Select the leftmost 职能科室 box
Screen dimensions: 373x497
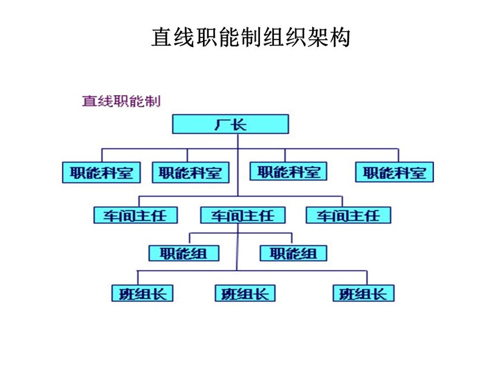pos(101,172)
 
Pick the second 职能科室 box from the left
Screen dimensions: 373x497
pos(190,172)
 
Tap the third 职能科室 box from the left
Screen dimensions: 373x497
pos(288,171)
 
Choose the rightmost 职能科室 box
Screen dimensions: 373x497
pos(394,172)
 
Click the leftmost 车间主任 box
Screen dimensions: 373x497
pos(135,215)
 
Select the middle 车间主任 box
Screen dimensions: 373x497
pos(242,215)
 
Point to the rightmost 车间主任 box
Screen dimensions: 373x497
pos(348,215)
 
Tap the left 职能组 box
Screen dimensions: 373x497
pos(184,253)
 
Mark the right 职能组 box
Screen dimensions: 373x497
pos(294,253)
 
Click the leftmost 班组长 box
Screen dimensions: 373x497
pos(142,293)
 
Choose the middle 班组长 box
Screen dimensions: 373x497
pos(245,293)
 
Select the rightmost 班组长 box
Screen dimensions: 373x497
pos(364,293)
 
